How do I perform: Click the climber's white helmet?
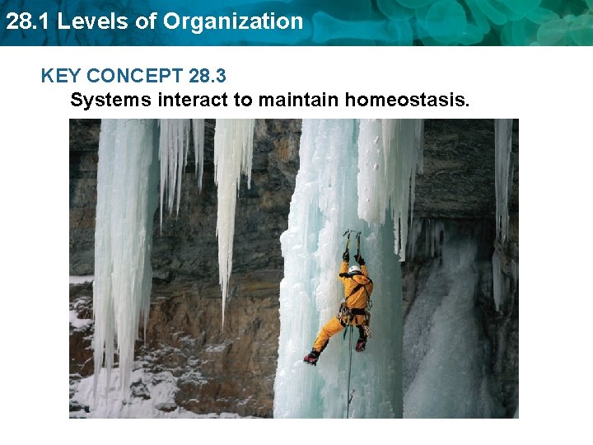pyautogui.click(x=354, y=269)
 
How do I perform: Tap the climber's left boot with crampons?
pyautogui.click(x=311, y=357)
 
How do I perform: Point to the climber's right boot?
pyautogui.click(x=361, y=344)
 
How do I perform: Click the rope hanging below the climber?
pyautogui.click(x=348, y=379)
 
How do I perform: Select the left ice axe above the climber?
pyautogui.click(x=348, y=241)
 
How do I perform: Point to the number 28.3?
pyautogui.click(x=208, y=77)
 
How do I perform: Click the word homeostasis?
pyautogui.click(x=408, y=101)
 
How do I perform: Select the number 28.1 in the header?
pyautogui.click(x=25, y=21)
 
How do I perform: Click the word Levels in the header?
pyautogui.click(x=84, y=21)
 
